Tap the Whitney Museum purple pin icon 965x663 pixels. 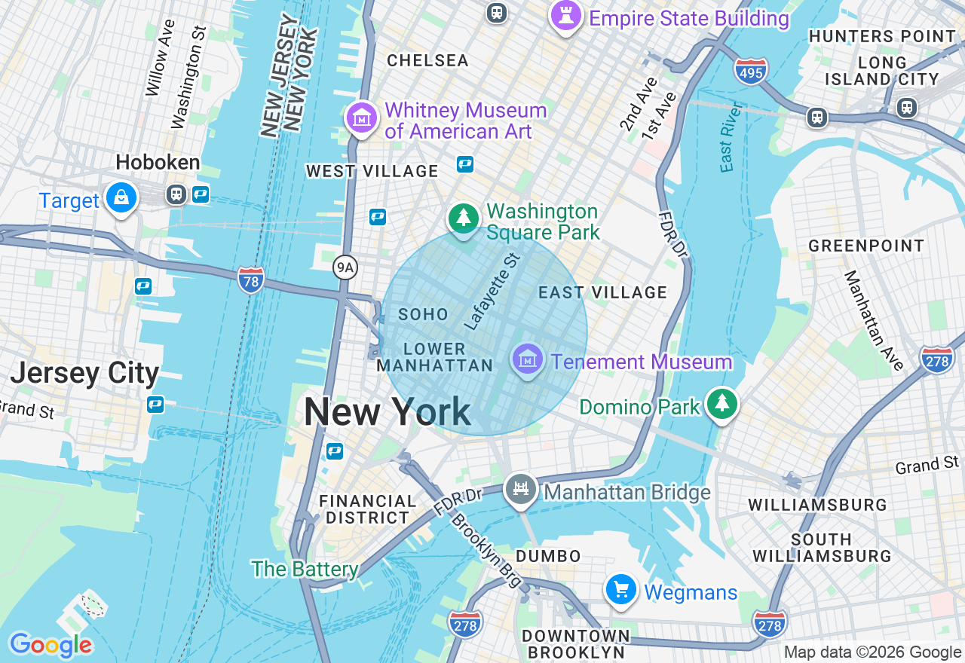(362, 118)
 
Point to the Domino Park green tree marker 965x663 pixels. (722, 405)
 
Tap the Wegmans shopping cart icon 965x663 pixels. (621, 590)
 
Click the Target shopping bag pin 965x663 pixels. (121, 198)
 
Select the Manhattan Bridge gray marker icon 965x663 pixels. (520, 490)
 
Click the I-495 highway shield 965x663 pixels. (750, 71)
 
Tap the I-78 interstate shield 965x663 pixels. (251, 280)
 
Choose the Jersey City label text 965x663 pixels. (84, 373)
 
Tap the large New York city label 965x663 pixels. (388, 413)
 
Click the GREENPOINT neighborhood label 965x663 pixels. (865, 246)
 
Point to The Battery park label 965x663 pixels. (305, 569)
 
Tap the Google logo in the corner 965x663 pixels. (51, 645)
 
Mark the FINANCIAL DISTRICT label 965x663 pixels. (367, 509)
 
